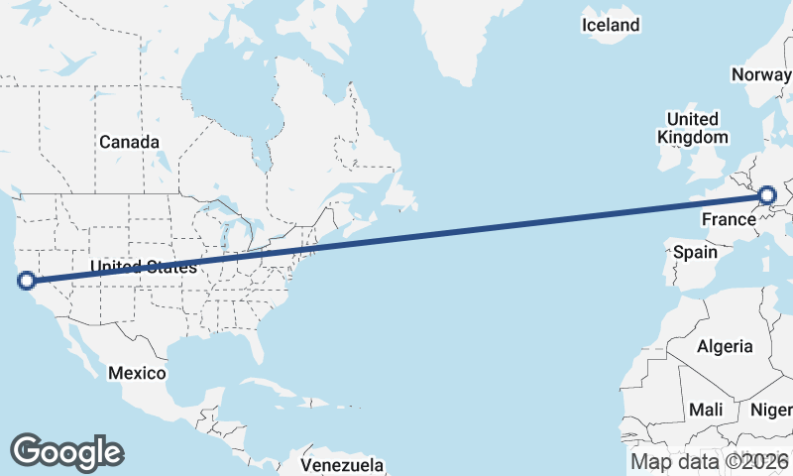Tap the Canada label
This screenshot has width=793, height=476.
[x=129, y=143]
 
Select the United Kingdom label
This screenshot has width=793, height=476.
[x=693, y=128]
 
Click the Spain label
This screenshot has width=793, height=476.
[x=695, y=252]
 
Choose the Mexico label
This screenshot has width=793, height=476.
[x=137, y=373]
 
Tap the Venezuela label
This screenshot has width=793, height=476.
[x=342, y=464]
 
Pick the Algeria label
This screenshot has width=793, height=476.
[x=725, y=347]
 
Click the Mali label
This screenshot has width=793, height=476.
[x=706, y=410]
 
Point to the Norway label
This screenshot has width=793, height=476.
[x=761, y=74]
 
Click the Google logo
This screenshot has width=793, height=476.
[x=66, y=451]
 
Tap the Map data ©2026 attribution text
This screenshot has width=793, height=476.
[x=710, y=461]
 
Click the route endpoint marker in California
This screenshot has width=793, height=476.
[x=27, y=281]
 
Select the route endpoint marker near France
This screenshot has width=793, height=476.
[x=768, y=196]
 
